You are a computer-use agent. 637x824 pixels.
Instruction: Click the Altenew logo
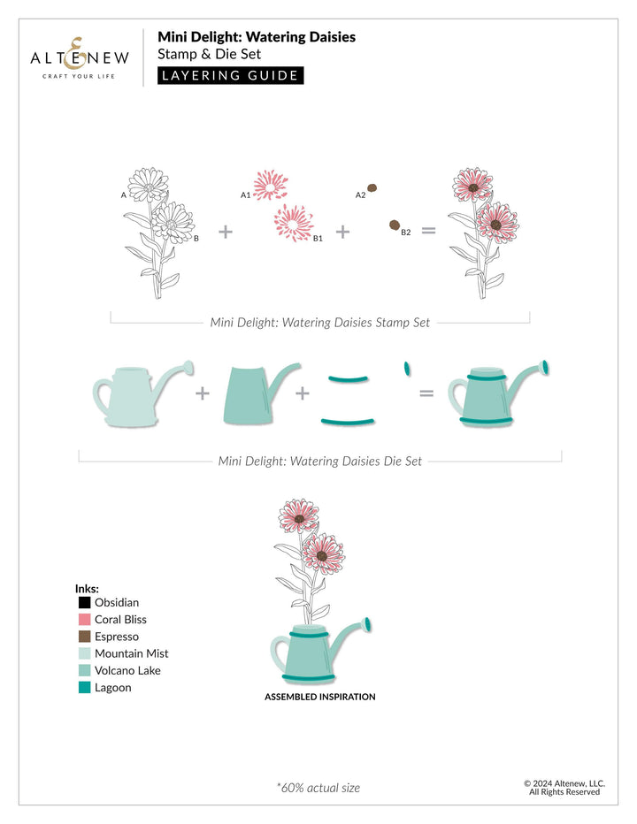pos(80,58)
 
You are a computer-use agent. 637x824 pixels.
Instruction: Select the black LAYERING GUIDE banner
pos(230,75)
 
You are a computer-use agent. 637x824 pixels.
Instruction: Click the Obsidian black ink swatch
pos(85,603)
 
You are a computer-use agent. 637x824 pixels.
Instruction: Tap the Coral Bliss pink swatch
pos(85,620)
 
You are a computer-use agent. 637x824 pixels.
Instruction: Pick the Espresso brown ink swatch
pos(85,637)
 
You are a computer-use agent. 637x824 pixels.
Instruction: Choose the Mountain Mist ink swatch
pos(85,653)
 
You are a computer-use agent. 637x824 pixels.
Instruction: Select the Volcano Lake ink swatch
pos(85,670)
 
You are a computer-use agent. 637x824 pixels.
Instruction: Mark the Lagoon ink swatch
pos(85,687)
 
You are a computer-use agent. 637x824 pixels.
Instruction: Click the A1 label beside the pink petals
pos(245,194)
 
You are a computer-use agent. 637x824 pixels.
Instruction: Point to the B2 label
pos(406,233)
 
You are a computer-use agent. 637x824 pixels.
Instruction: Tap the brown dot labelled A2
pos(372,187)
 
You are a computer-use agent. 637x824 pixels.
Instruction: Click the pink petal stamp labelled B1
pos(293,221)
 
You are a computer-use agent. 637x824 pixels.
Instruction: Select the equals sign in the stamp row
pos(429,231)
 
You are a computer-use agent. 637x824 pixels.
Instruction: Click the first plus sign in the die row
pos(202,392)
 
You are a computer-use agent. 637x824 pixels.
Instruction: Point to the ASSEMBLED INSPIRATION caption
pos(319,697)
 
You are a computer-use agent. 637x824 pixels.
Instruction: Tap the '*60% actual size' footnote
pos(318,787)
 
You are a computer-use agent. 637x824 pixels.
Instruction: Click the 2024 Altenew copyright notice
pos(564,787)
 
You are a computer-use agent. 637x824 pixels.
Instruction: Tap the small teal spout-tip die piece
pos(407,365)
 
